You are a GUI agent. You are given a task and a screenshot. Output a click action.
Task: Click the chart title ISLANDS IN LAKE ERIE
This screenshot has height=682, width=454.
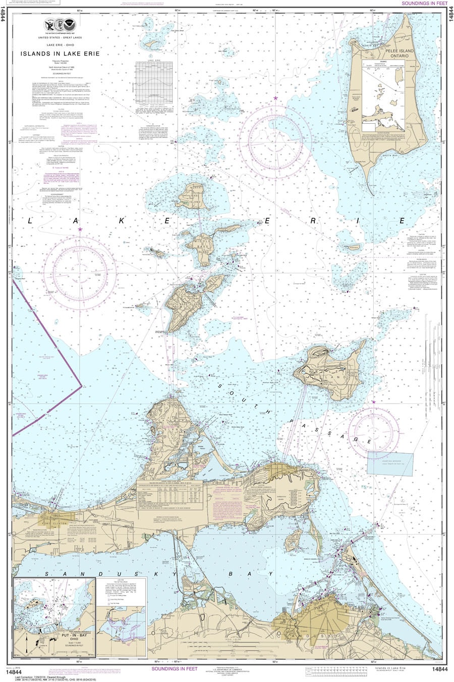pos(60,53)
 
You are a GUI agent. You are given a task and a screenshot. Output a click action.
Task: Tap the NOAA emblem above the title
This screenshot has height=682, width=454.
pos(60,24)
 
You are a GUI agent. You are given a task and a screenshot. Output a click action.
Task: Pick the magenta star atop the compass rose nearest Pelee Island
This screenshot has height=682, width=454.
pos(275,98)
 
